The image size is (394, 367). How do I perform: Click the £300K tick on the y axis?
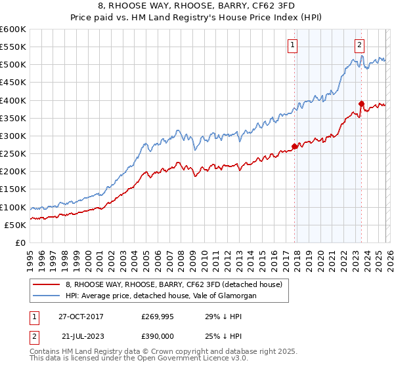(12, 136)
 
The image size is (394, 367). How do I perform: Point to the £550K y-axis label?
(12, 47)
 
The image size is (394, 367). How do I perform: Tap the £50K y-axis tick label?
(15, 225)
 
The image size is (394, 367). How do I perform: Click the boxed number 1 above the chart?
(292, 45)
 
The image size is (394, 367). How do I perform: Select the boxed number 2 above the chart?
(360, 45)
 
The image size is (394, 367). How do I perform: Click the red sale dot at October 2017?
(294, 147)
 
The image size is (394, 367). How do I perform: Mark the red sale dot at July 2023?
(361, 104)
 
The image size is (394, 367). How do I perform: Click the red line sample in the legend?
(47, 284)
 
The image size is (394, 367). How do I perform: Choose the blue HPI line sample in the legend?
(47, 296)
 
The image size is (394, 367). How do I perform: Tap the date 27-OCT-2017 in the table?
(81, 316)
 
